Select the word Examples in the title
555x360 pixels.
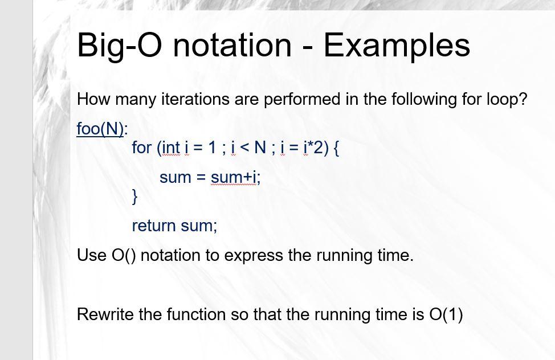(397, 45)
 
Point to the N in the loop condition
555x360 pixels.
(260, 148)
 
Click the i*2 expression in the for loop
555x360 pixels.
(312, 148)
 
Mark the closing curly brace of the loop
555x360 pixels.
(135, 197)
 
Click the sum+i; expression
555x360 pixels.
(235, 177)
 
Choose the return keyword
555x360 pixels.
(154, 226)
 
